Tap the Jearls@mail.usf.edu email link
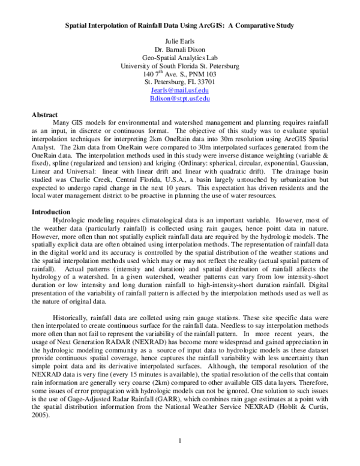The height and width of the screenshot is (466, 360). click(180, 89)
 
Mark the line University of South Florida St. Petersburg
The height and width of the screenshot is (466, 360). click(180, 65)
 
